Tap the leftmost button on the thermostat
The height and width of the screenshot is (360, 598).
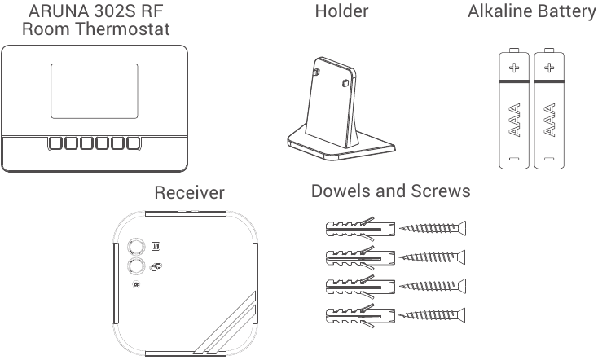57,144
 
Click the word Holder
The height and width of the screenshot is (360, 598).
341,11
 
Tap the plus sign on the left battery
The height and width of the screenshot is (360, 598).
513,68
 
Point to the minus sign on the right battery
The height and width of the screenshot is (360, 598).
549,157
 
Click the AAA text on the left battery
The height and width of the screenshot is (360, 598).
514,119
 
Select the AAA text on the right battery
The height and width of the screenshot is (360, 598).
549,119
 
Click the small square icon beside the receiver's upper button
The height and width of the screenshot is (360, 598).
156,245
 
